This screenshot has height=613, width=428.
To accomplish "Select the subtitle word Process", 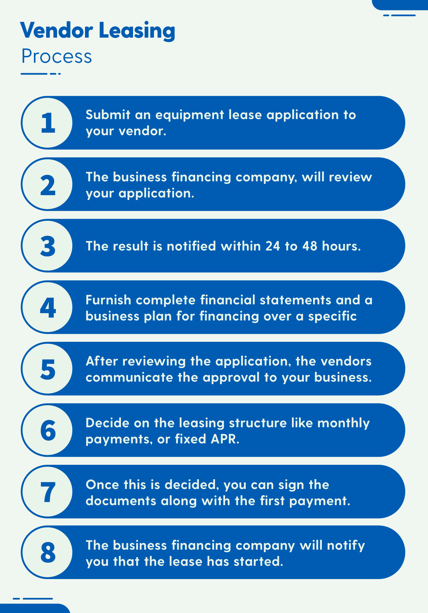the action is (x=56, y=56).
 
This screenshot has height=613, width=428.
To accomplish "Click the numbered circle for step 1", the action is (x=48, y=123).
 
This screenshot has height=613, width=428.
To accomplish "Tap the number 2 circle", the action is (x=48, y=184).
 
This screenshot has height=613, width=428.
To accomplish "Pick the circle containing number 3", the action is (x=48, y=246).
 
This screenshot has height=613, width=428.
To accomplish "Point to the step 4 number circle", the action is (x=48, y=307).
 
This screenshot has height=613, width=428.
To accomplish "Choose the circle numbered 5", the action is (x=48, y=369).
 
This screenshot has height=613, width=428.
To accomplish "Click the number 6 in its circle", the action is (x=48, y=430).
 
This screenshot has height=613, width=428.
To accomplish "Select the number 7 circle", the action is (x=48, y=492).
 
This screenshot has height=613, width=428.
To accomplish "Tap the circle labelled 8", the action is (x=48, y=553).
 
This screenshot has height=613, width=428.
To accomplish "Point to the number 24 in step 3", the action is (x=272, y=246).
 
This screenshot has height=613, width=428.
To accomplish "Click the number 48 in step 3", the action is (x=310, y=246).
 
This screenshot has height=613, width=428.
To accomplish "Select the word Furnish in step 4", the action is (x=109, y=300).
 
